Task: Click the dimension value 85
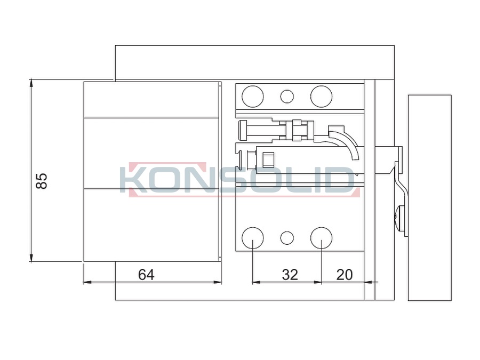tap(42, 181)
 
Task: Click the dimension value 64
tap(146, 275)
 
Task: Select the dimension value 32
tap(290, 275)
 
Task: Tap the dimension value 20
tap(345, 275)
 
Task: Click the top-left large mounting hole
tap(253, 97)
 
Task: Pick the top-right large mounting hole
tap(322, 97)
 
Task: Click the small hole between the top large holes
tap(287, 97)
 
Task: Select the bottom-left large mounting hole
tap(253, 238)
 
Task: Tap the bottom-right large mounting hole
tap(322, 238)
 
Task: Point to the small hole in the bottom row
tap(287, 238)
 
